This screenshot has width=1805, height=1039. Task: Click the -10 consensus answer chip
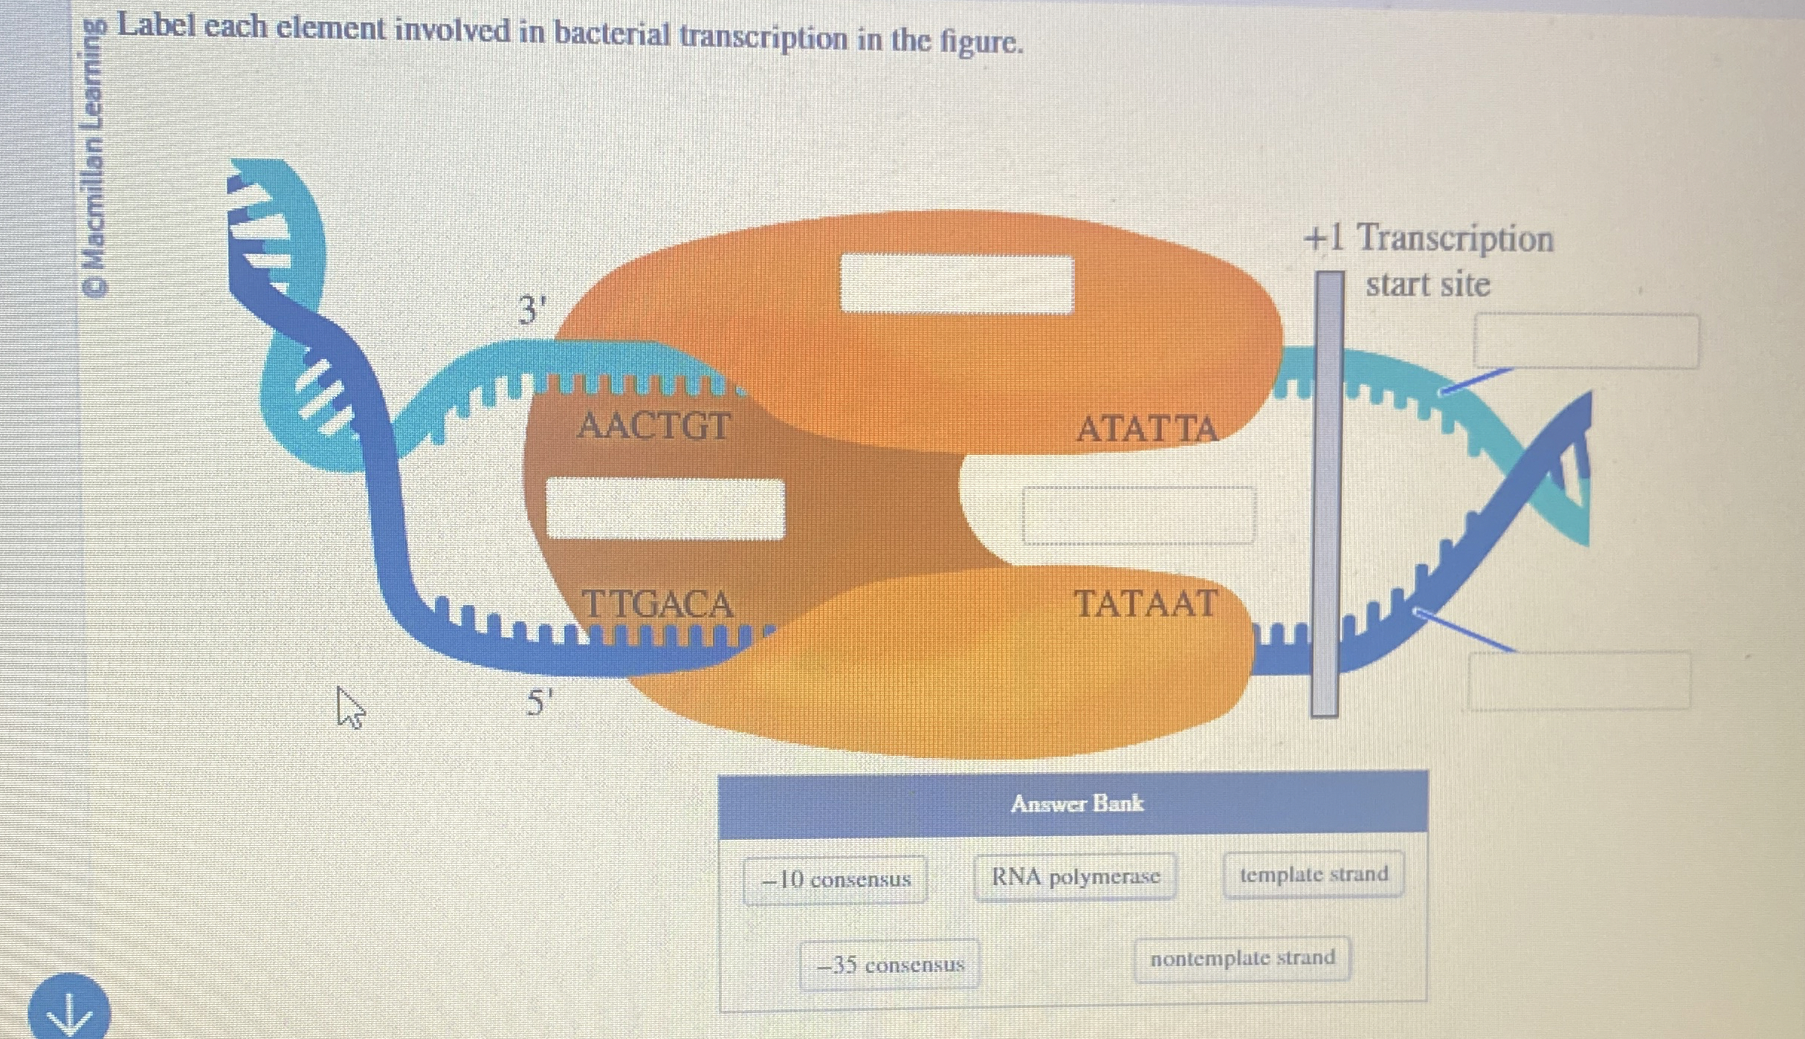(835, 880)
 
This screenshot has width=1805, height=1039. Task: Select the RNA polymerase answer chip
(1075, 878)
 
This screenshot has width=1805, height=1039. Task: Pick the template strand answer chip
(1313, 875)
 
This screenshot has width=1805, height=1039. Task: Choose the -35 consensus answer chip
(889, 965)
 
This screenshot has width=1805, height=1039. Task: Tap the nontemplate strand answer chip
(1242, 959)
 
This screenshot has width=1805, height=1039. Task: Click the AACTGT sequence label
(653, 427)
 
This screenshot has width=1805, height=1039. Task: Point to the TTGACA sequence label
(657, 603)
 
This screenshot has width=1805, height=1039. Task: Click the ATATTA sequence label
(1146, 429)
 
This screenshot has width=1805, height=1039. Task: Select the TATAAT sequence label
(1145, 603)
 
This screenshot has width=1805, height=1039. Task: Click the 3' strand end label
(532, 309)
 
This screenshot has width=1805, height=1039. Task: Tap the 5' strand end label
(539, 702)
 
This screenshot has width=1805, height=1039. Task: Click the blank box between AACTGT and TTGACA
(665, 508)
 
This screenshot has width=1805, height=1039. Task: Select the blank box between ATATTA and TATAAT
(1138, 515)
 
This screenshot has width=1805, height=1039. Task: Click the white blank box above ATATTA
(957, 283)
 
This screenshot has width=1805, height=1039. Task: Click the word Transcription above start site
(1455, 239)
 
